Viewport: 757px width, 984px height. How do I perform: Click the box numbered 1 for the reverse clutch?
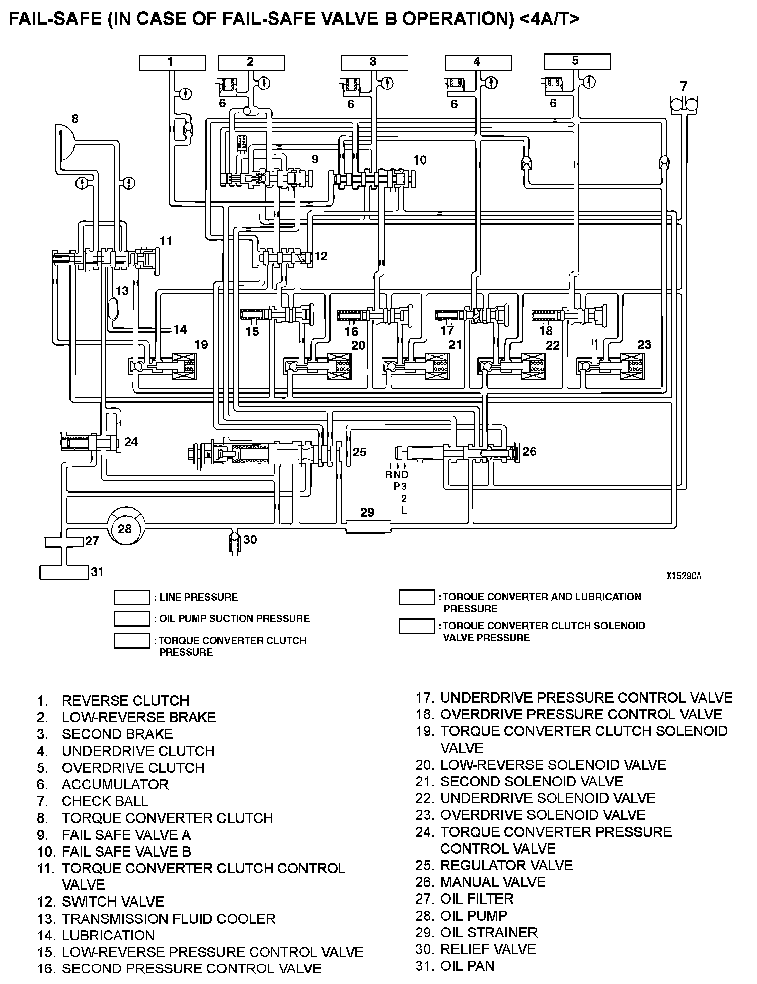(172, 63)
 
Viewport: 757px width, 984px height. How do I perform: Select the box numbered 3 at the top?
(374, 63)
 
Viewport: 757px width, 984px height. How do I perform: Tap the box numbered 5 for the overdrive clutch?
(577, 62)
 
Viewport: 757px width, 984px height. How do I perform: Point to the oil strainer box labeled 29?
(368, 527)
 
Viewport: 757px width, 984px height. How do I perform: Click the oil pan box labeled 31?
(64, 572)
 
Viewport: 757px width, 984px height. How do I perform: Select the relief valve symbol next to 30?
(234, 542)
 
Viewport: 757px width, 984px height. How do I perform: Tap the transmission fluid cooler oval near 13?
(113, 308)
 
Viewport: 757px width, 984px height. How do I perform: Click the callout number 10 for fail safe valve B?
(420, 160)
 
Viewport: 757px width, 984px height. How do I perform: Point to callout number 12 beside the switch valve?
(321, 256)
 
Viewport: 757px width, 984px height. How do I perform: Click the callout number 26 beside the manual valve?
(529, 451)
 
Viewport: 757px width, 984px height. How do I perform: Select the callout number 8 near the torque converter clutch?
(74, 119)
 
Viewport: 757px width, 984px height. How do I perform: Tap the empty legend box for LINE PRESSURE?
(132, 597)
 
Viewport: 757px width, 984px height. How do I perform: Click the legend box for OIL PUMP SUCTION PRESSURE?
(132, 619)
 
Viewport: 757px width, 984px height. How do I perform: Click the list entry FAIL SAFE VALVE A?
(126, 835)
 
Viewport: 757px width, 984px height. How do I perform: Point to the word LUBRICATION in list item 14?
(108, 935)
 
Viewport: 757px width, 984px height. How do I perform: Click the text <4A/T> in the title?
(547, 19)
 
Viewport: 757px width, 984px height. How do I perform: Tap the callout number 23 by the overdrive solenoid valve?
(644, 345)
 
